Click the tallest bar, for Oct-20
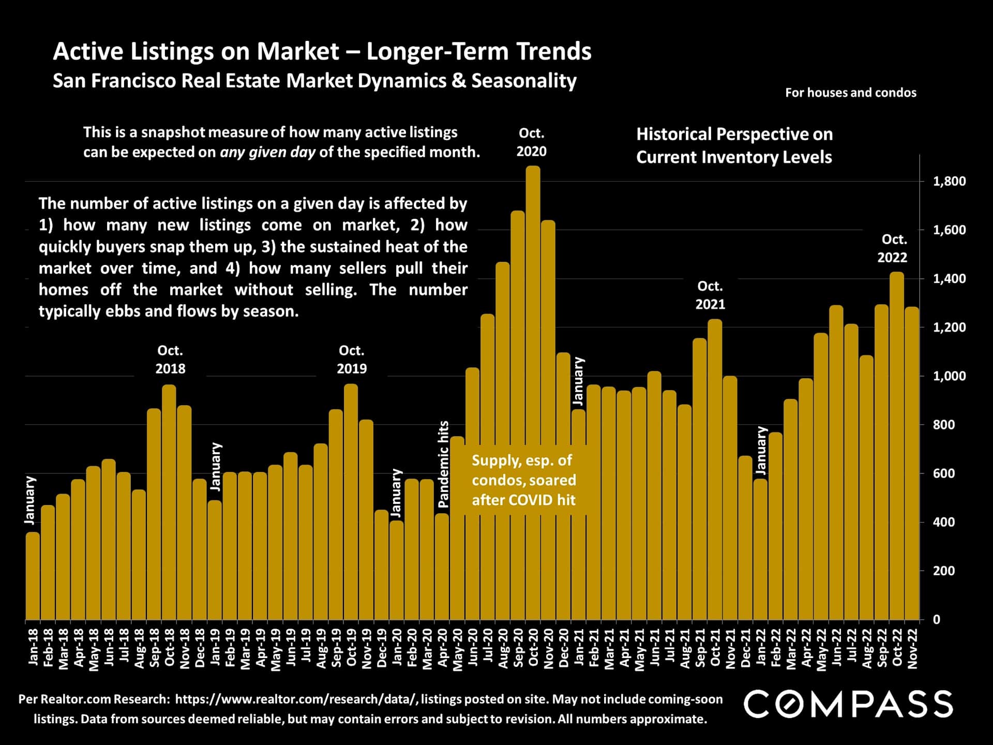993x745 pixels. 533,393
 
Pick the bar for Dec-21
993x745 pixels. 745,538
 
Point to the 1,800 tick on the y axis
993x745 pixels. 949,182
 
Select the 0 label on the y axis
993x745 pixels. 936,620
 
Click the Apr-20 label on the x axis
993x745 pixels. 443,647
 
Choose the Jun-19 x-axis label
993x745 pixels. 291,647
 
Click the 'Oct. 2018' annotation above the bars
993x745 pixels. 170,360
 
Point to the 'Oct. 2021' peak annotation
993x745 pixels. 710,295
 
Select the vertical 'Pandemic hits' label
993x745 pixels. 443,464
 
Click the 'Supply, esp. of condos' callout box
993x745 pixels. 523,480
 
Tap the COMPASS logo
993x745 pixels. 848,704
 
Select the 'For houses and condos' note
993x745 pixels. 850,93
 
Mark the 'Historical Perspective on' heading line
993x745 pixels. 734,135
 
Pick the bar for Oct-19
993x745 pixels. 351,502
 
